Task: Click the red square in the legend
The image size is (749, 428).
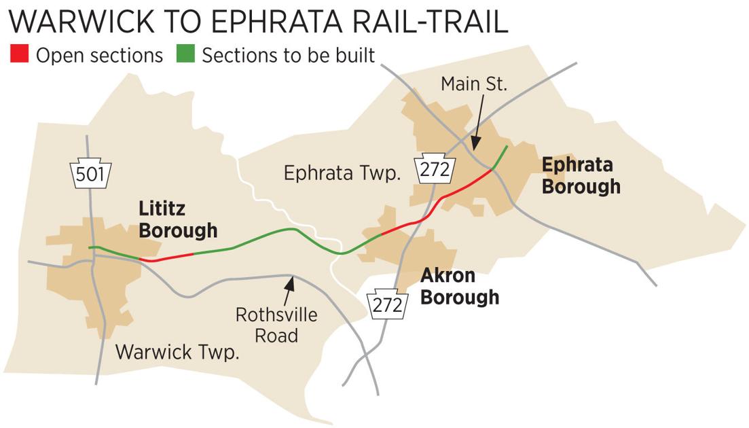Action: [x=19, y=54]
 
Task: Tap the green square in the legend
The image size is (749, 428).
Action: [x=185, y=54]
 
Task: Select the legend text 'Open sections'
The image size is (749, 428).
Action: [x=99, y=55]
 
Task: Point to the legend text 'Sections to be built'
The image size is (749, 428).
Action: [x=288, y=55]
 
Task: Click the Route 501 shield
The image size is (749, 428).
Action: [x=90, y=174]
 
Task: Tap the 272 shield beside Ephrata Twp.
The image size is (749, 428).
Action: [x=434, y=169]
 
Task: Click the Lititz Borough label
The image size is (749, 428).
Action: [x=177, y=219]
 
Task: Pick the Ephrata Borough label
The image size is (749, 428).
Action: [x=580, y=175]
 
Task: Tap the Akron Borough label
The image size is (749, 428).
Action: [x=459, y=286]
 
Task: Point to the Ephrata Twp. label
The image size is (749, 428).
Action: [x=341, y=173]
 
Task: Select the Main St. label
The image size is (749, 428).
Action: [x=473, y=84]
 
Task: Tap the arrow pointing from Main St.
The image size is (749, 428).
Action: [x=477, y=122]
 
